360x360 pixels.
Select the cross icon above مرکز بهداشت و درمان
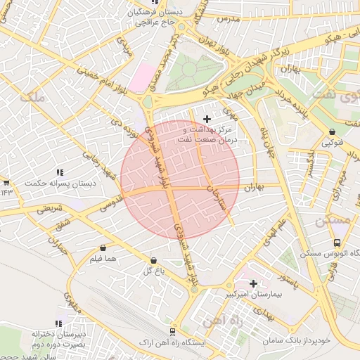[206, 119]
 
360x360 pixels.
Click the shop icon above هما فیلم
[103, 247]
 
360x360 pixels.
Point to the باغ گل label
[153, 271]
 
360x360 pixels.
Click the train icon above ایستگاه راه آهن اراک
[172, 331]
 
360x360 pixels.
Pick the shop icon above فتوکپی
[332, 131]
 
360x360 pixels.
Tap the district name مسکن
[331, 220]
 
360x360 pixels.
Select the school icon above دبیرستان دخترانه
[59, 323]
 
